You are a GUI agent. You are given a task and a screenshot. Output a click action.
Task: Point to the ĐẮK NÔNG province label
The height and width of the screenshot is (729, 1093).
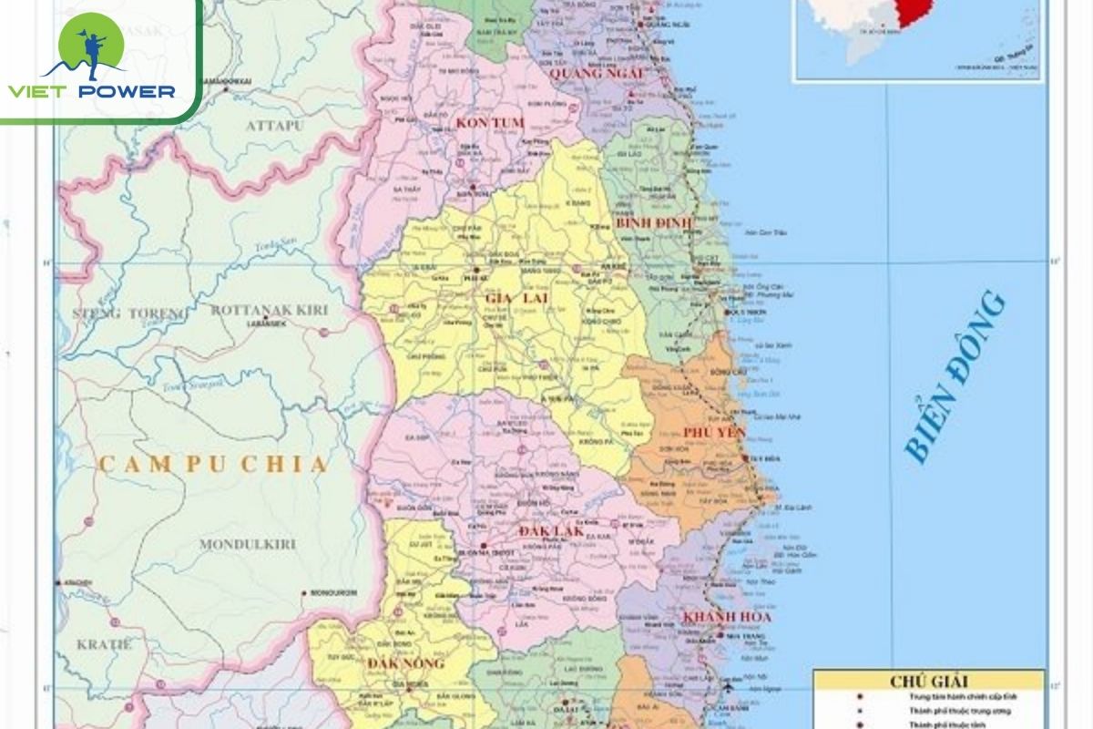point(406,662)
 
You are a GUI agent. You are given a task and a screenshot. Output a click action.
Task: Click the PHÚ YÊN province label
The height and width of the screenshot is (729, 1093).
point(714,432)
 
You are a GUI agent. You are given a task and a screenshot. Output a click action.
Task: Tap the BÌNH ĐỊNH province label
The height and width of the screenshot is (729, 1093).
point(654,222)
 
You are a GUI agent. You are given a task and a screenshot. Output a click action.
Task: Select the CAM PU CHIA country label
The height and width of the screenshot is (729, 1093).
point(212,465)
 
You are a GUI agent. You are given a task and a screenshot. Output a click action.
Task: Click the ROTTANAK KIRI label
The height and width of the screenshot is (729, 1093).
point(269,310)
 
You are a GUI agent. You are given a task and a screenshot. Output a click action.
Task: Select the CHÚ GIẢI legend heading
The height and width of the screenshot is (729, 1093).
point(929,681)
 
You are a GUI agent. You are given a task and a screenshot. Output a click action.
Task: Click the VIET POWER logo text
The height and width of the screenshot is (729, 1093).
point(91,90)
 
